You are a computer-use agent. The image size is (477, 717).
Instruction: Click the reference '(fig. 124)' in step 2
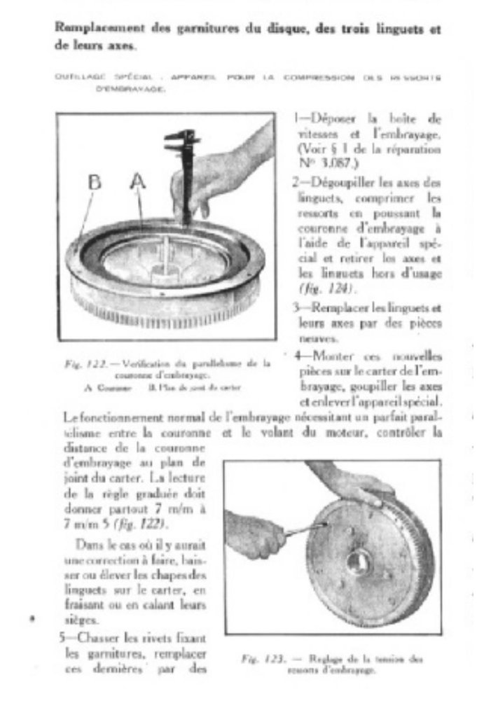319,288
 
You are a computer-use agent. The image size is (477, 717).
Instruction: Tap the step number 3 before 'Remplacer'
296,307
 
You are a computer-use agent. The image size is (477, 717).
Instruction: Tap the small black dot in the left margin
31,619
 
